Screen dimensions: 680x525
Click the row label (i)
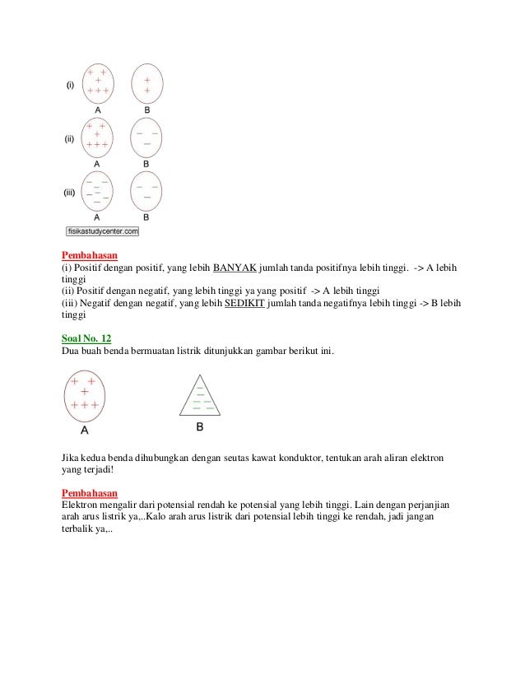pyautogui.click(x=71, y=84)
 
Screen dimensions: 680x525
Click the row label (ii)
pyautogui.click(x=71, y=139)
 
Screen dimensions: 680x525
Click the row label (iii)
pyautogui.click(x=71, y=193)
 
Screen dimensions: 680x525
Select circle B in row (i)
pyautogui.click(x=146, y=83)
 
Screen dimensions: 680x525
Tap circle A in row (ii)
pyautogui.click(x=98, y=137)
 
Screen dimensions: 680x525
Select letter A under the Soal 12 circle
pyautogui.click(x=84, y=430)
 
